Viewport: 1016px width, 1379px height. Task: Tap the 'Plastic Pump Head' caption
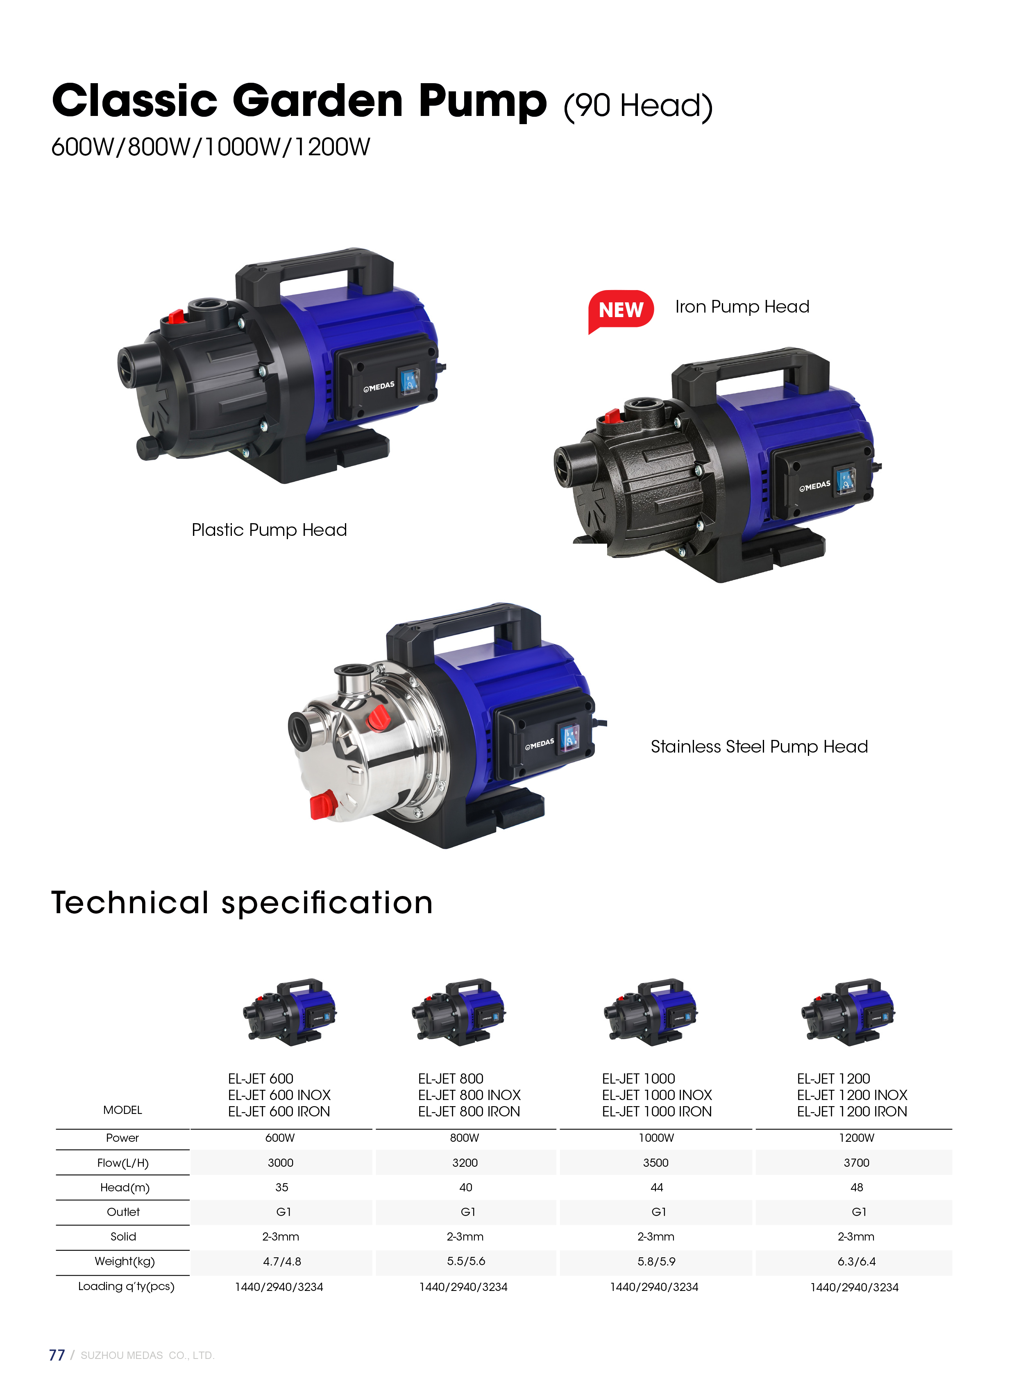point(270,530)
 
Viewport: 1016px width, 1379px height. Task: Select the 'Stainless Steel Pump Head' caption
point(759,747)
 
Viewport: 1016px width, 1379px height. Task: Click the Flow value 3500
point(655,1163)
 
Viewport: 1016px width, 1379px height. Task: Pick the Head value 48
point(857,1187)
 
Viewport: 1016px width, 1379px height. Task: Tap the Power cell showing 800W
point(464,1138)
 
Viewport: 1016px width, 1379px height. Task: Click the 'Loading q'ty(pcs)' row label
point(126,1286)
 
